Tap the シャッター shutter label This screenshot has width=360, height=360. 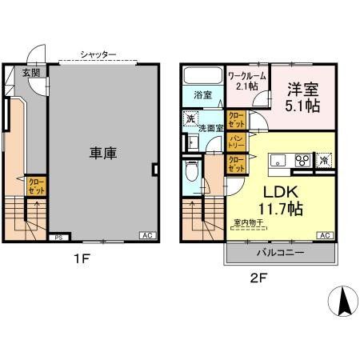98,54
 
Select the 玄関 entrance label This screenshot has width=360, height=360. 31,73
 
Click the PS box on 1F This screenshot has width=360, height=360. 58,238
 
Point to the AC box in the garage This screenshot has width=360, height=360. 148,235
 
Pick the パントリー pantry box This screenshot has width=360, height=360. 237,143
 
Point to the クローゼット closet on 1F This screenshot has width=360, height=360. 37,188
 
